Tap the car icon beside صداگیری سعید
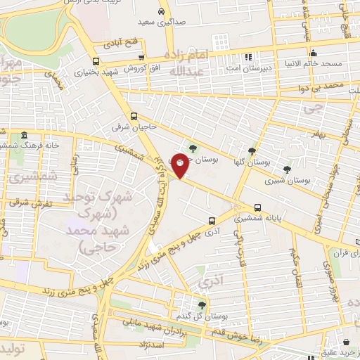162,12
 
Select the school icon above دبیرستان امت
247,57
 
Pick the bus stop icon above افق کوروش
142,58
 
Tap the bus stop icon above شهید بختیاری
96,60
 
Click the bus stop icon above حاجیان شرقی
134,117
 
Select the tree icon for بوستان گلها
252,150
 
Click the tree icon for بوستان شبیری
286,169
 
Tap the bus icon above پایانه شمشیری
258,207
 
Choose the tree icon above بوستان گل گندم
202,305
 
